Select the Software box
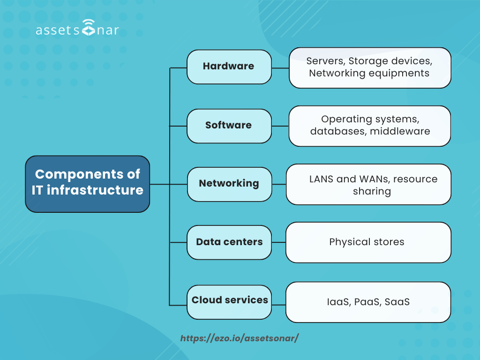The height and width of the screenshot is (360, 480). click(229, 126)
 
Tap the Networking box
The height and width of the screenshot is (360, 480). click(229, 184)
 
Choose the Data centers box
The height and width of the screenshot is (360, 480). click(229, 242)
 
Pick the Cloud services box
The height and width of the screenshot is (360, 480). click(230, 300)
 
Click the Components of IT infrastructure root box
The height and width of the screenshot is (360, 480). click(87, 183)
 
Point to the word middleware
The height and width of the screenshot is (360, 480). click(400, 131)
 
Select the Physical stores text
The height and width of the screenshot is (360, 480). click(367, 242)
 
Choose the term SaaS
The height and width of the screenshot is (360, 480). click(397, 302)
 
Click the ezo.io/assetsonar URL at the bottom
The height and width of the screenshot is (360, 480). click(240, 338)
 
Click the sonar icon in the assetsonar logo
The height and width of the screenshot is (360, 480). click(87, 28)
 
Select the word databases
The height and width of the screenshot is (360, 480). click(338, 131)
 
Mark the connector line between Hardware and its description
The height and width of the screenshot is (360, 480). click(280, 68)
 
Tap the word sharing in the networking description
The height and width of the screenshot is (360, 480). click(372, 191)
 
